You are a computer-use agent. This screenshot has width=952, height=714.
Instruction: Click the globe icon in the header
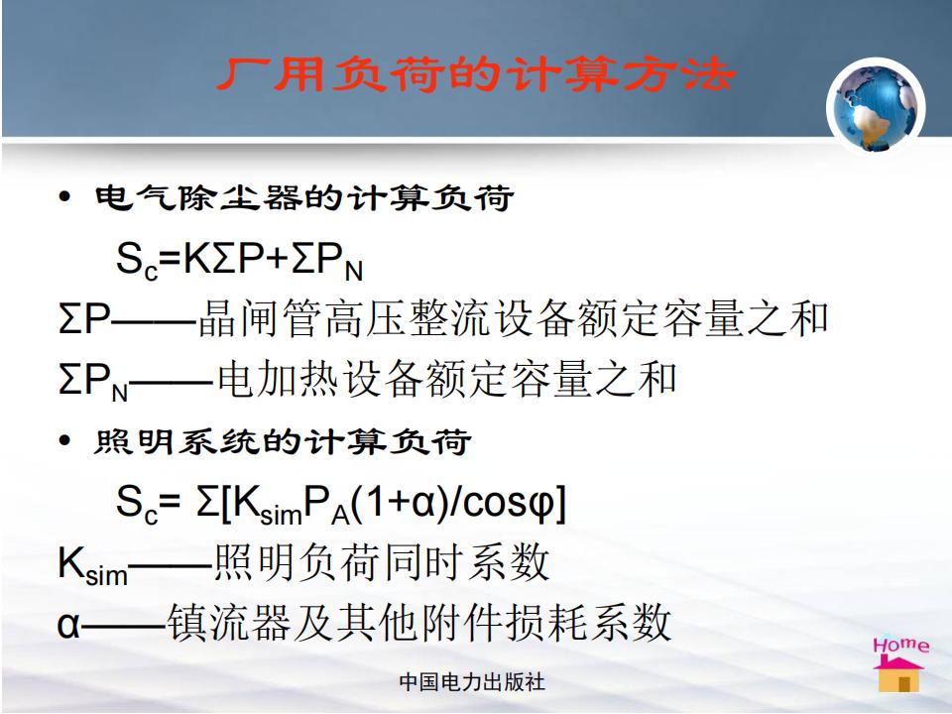point(876,107)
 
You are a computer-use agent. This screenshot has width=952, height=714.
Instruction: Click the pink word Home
point(901,645)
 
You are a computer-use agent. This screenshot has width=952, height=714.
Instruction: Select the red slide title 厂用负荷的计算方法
point(476,74)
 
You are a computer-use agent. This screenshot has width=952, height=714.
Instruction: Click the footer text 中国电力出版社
point(472,682)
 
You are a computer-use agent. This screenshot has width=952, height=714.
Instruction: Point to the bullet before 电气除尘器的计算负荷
point(65,196)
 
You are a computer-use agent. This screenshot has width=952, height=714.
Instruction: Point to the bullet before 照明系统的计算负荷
point(65,440)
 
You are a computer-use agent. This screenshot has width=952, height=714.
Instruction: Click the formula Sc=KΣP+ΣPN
point(239,261)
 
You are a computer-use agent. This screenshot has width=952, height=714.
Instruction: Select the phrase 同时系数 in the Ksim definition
point(466,562)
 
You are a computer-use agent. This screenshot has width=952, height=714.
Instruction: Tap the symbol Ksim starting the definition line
point(92,564)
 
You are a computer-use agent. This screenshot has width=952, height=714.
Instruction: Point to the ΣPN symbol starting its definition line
point(93,381)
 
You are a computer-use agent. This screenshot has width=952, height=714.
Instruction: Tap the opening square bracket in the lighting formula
point(226,504)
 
